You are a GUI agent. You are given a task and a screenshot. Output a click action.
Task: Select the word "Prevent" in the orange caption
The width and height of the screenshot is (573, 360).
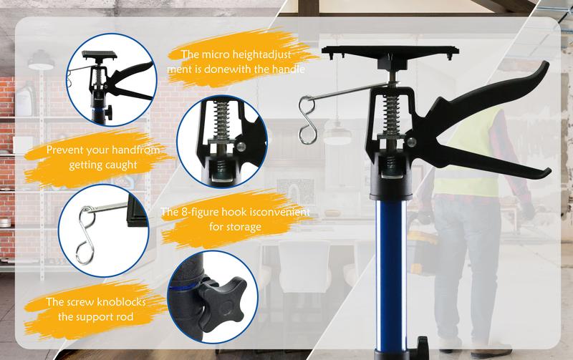[x=64, y=151]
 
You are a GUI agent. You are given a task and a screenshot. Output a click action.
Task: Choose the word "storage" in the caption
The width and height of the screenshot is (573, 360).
[x=240, y=227]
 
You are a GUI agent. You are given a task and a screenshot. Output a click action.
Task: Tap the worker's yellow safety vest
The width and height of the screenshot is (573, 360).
[x=466, y=157]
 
